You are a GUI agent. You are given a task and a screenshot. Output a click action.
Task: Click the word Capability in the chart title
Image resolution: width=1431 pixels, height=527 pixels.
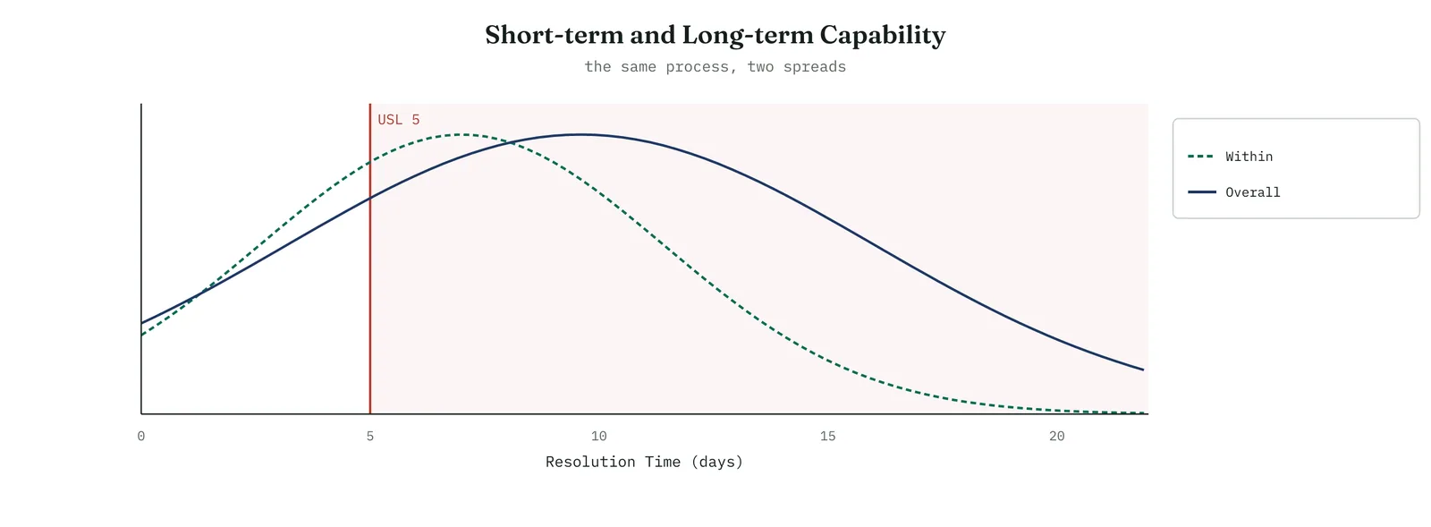tap(882, 36)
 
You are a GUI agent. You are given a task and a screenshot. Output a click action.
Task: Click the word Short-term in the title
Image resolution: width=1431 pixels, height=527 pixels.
tap(554, 35)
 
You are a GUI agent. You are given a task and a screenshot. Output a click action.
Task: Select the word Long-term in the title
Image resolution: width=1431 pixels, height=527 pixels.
tap(748, 36)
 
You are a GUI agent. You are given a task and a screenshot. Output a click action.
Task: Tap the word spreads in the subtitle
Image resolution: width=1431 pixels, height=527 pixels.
tap(815, 67)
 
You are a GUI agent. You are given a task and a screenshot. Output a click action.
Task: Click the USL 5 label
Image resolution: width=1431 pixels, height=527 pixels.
tap(399, 120)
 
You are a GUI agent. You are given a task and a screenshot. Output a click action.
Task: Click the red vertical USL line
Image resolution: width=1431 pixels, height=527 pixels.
tap(370, 259)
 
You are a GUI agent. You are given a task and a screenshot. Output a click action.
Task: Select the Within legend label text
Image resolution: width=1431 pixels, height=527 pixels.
tap(1249, 157)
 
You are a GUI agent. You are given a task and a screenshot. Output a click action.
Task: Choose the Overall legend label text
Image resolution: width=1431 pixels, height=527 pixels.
tap(1253, 192)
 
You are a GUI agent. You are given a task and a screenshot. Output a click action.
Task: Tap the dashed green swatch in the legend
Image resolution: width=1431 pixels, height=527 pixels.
tap(1200, 157)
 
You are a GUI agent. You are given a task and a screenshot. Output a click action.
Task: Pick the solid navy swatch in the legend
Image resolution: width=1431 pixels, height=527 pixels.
tap(1202, 192)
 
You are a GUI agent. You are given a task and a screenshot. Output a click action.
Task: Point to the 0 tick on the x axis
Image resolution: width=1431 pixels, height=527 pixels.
tap(141, 437)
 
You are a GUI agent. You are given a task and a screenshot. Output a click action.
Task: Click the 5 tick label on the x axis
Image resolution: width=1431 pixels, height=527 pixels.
tap(370, 437)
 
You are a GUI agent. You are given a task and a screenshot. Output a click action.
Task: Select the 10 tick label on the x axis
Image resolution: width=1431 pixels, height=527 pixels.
tap(598, 437)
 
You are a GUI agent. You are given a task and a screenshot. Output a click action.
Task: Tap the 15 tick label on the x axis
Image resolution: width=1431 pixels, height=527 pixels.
tap(828, 437)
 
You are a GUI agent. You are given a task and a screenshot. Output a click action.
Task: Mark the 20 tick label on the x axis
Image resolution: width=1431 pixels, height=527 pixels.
tap(1056, 437)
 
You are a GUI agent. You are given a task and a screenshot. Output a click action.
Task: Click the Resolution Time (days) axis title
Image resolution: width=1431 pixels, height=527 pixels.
tap(645, 462)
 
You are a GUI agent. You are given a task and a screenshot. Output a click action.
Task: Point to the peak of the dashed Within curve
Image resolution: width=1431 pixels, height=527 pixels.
tap(463, 134)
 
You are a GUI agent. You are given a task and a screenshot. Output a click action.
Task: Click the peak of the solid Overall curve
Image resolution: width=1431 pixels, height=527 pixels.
tap(580, 134)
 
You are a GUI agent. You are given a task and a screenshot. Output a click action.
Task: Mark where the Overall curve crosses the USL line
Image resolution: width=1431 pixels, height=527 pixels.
tap(370, 199)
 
